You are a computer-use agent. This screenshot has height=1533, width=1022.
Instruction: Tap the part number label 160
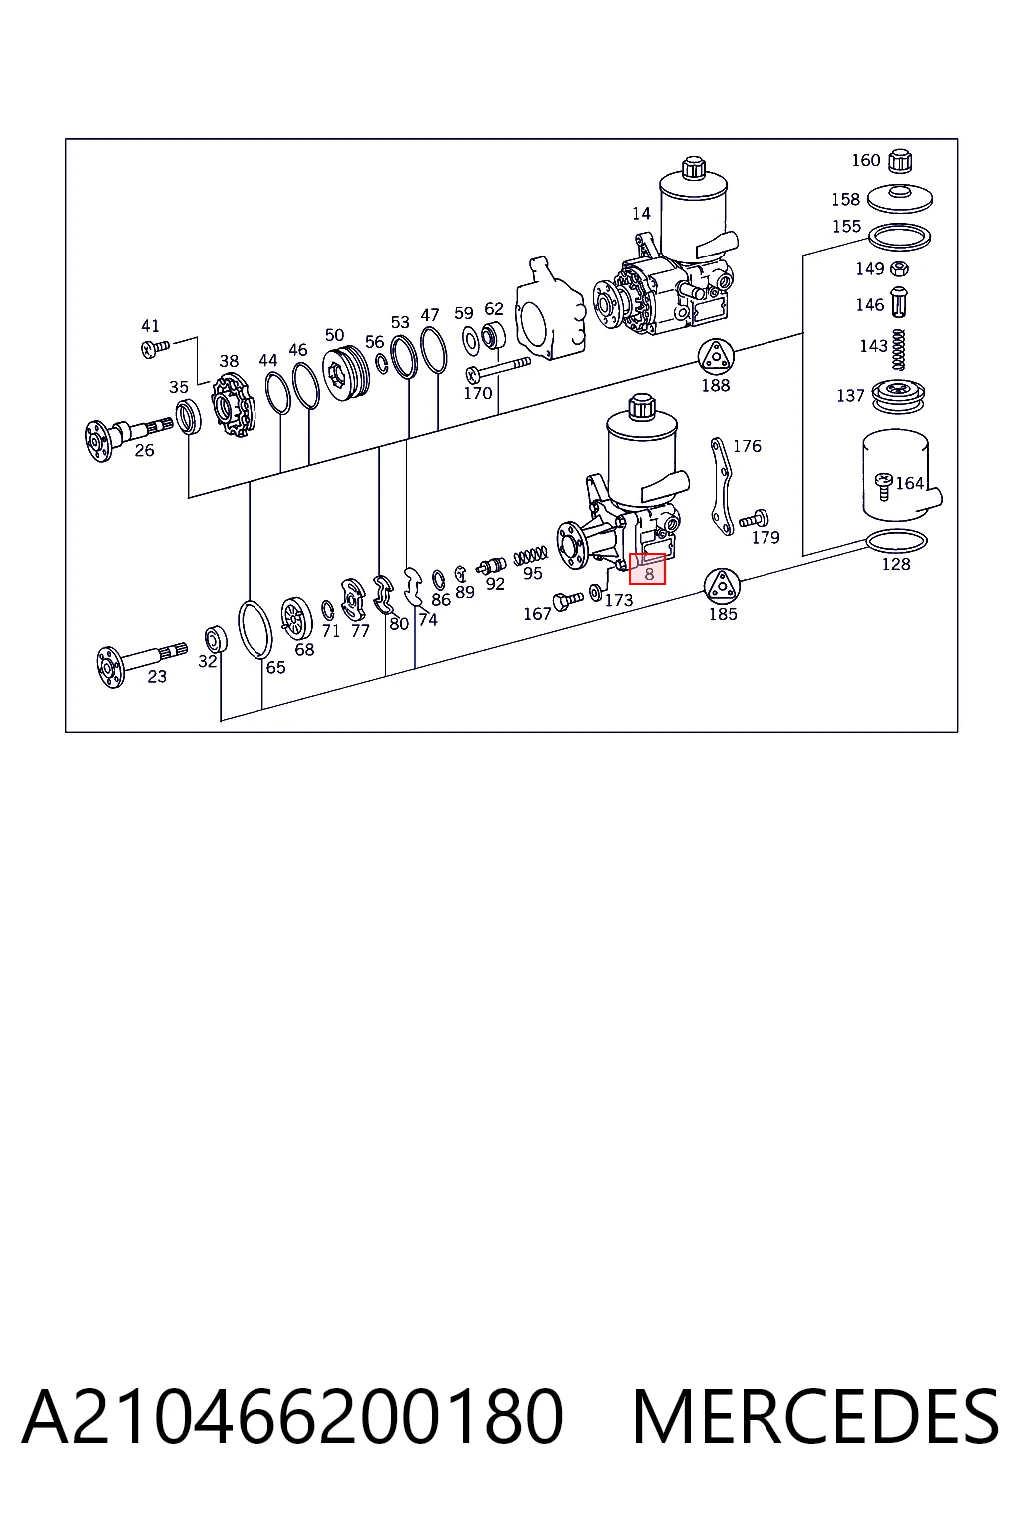(x=865, y=160)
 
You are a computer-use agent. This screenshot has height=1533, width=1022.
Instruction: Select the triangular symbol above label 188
(x=716, y=356)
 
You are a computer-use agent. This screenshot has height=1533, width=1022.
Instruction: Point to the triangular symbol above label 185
(x=723, y=587)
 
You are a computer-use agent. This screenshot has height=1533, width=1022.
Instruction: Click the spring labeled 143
(x=899, y=350)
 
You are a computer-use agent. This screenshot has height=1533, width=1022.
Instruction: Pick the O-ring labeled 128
(x=896, y=541)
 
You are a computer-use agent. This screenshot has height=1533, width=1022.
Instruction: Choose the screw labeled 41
(x=155, y=349)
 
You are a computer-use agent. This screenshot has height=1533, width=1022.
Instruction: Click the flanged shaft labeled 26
(x=127, y=436)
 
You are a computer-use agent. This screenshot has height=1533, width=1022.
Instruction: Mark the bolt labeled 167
(x=568, y=601)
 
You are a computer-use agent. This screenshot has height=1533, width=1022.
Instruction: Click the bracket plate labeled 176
(x=722, y=485)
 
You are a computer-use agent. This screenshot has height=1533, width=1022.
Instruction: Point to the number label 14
(x=641, y=214)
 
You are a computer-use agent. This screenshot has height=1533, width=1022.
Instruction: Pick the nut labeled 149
(x=900, y=268)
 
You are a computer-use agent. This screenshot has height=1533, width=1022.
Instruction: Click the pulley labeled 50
(x=345, y=374)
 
